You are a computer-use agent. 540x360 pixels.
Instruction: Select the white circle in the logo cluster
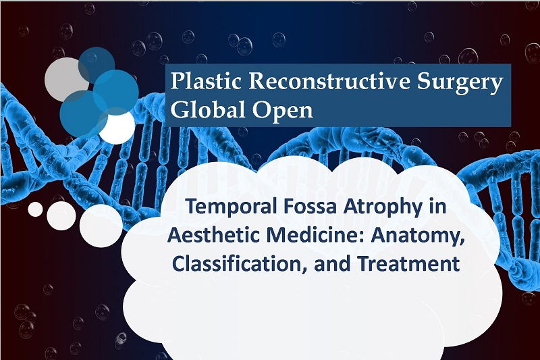[117, 127]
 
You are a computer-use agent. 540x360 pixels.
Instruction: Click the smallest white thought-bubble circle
[36, 209]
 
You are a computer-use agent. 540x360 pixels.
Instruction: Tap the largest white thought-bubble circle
[101, 226]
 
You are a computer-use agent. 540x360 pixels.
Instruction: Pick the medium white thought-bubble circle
[61, 216]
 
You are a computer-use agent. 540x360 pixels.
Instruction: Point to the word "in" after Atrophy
[437, 207]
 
